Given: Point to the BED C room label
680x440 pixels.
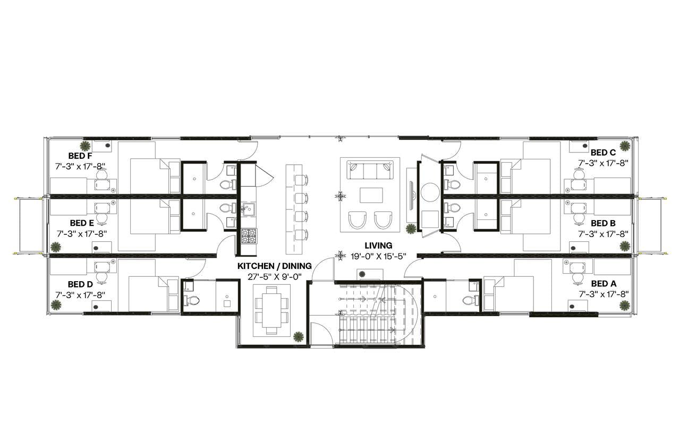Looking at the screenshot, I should pos(603,153).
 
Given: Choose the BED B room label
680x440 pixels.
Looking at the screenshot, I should pos(603,223).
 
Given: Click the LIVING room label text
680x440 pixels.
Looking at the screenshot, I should pos(378,246).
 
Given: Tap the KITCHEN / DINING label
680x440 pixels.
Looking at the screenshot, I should pos(274,266).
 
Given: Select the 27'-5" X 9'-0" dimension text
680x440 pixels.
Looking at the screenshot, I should pos(274,276).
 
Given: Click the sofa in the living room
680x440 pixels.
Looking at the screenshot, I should pos(370,171).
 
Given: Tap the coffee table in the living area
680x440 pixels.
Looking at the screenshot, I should pos(371,195).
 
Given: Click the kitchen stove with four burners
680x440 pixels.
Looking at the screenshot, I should pos(248,236).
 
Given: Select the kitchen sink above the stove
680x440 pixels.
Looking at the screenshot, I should pos(248,208).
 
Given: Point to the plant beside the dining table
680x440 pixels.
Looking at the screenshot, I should pos(299,336).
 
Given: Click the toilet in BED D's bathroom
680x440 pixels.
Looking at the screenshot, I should pos(191,300).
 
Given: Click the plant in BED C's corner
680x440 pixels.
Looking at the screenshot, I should pos(625,145).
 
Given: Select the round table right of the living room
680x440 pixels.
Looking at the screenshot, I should pos(430,192).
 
